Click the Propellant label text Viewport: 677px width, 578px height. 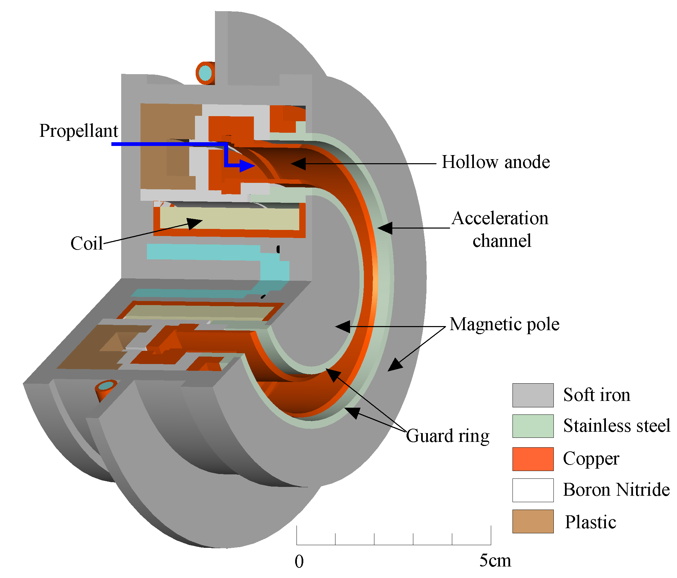tap(79, 131)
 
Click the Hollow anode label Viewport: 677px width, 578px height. tap(496, 162)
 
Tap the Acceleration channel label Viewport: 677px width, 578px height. tap(500, 229)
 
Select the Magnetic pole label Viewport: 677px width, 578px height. tap(504, 324)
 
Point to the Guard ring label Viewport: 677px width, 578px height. tap(447, 436)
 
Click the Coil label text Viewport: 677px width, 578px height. tap(87, 243)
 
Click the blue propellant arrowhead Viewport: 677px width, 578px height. tap(247, 165)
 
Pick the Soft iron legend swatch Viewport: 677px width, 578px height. tap(533, 395)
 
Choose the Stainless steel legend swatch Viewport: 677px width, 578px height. tap(533, 426)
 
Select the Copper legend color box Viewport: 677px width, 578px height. tap(533, 459)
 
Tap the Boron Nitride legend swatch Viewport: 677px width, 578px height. tap(533, 490)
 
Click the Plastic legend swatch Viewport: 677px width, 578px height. tap(533, 521)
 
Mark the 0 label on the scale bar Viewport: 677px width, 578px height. tap(299, 561)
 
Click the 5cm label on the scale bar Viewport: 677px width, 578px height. tap(495, 560)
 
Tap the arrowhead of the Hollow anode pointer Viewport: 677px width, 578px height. tap(298, 164)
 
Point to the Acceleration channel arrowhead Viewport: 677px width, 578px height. tap(385, 228)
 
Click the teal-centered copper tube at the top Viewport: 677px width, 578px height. tap(205, 73)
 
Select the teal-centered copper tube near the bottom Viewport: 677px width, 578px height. tap(106, 386)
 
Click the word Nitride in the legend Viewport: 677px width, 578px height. tap(643, 490)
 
